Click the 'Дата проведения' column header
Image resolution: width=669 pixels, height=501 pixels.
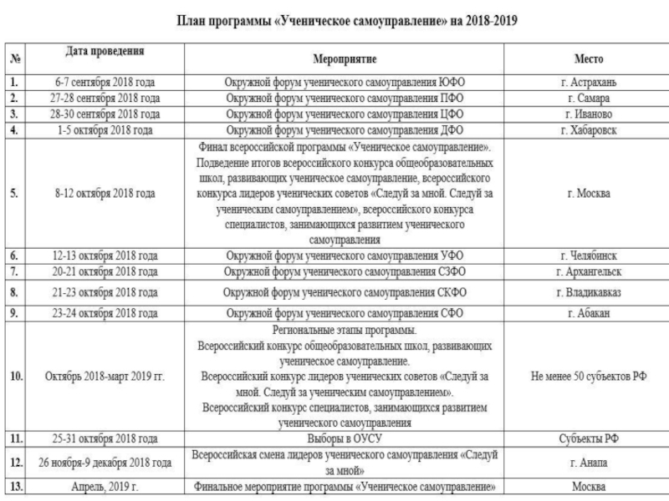[x=105, y=53]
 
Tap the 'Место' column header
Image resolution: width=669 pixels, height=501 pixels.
[x=589, y=61]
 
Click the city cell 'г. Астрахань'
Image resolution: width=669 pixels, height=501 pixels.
[x=589, y=83]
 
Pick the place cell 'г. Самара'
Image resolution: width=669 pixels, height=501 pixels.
[x=589, y=99]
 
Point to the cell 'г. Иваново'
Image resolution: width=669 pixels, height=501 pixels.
[x=589, y=114]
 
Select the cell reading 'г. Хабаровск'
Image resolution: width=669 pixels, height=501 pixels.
[x=589, y=131]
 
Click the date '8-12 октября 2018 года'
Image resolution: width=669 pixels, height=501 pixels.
[x=105, y=193]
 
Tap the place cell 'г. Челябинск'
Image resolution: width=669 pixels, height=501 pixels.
[x=589, y=256]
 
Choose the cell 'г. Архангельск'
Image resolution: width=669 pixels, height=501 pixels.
[x=589, y=272]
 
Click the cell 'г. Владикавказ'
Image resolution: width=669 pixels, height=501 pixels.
[x=589, y=291]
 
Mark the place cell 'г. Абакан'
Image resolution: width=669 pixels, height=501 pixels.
[x=589, y=312]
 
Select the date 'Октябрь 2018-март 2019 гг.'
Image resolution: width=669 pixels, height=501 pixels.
[x=105, y=377]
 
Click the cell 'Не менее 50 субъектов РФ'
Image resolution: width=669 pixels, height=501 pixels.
[x=589, y=377]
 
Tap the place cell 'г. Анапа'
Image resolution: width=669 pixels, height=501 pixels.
[x=589, y=462]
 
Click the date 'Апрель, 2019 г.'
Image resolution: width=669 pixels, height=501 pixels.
[x=105, y=485]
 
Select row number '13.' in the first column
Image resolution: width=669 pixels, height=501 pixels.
[x=16, y=485]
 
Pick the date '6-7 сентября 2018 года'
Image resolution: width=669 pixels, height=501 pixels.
[x=105, y=83]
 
